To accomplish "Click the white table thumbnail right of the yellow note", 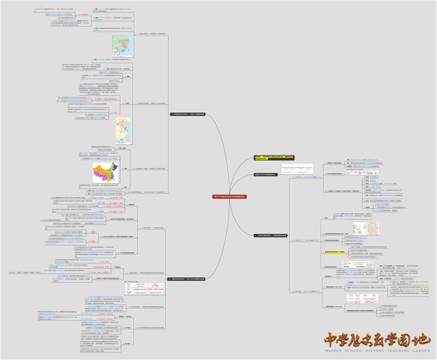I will [297, 169].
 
